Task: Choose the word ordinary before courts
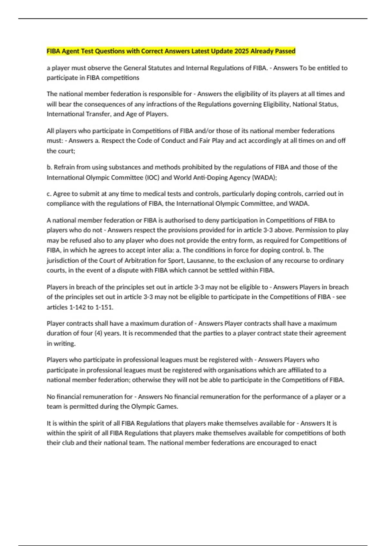coord(331,260)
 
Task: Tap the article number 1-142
coord(78,307)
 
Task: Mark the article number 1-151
coord(104,307)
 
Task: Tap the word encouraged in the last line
coord(273,443)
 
